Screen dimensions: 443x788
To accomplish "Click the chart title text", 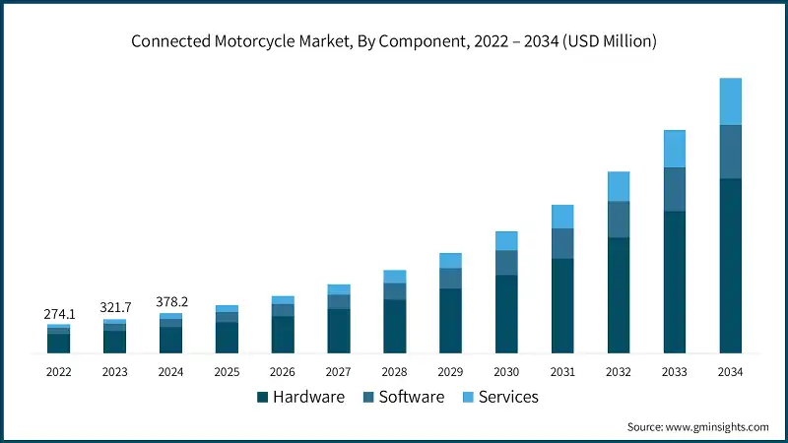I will pos(394,41).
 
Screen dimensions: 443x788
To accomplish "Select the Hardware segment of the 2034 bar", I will pos(730,266).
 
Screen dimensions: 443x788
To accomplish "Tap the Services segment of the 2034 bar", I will pos(730,101).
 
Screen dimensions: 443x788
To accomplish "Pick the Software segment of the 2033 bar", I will pos(674,189).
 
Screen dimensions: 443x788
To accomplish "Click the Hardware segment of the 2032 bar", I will pos(618,295).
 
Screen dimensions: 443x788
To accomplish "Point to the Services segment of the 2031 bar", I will pos(562,217).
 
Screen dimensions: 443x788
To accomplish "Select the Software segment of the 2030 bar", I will pos(506,263).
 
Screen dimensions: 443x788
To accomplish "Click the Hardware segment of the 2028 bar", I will pos(394,326).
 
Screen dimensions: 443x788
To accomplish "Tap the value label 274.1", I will pos(59,314).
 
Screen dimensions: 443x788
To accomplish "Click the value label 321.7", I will pos(115,308).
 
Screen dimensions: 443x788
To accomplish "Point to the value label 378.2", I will pos(171,302).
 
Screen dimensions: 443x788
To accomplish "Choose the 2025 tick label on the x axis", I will pos(227,372).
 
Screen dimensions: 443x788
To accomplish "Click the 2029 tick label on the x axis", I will pos(450,372).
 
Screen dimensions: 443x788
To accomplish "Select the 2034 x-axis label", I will pos(730,372).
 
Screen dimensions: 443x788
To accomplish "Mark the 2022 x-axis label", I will pos(59,372).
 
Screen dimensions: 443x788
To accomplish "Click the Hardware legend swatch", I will pos(263,397).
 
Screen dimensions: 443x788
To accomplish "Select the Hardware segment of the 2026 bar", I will pos(283,335).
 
